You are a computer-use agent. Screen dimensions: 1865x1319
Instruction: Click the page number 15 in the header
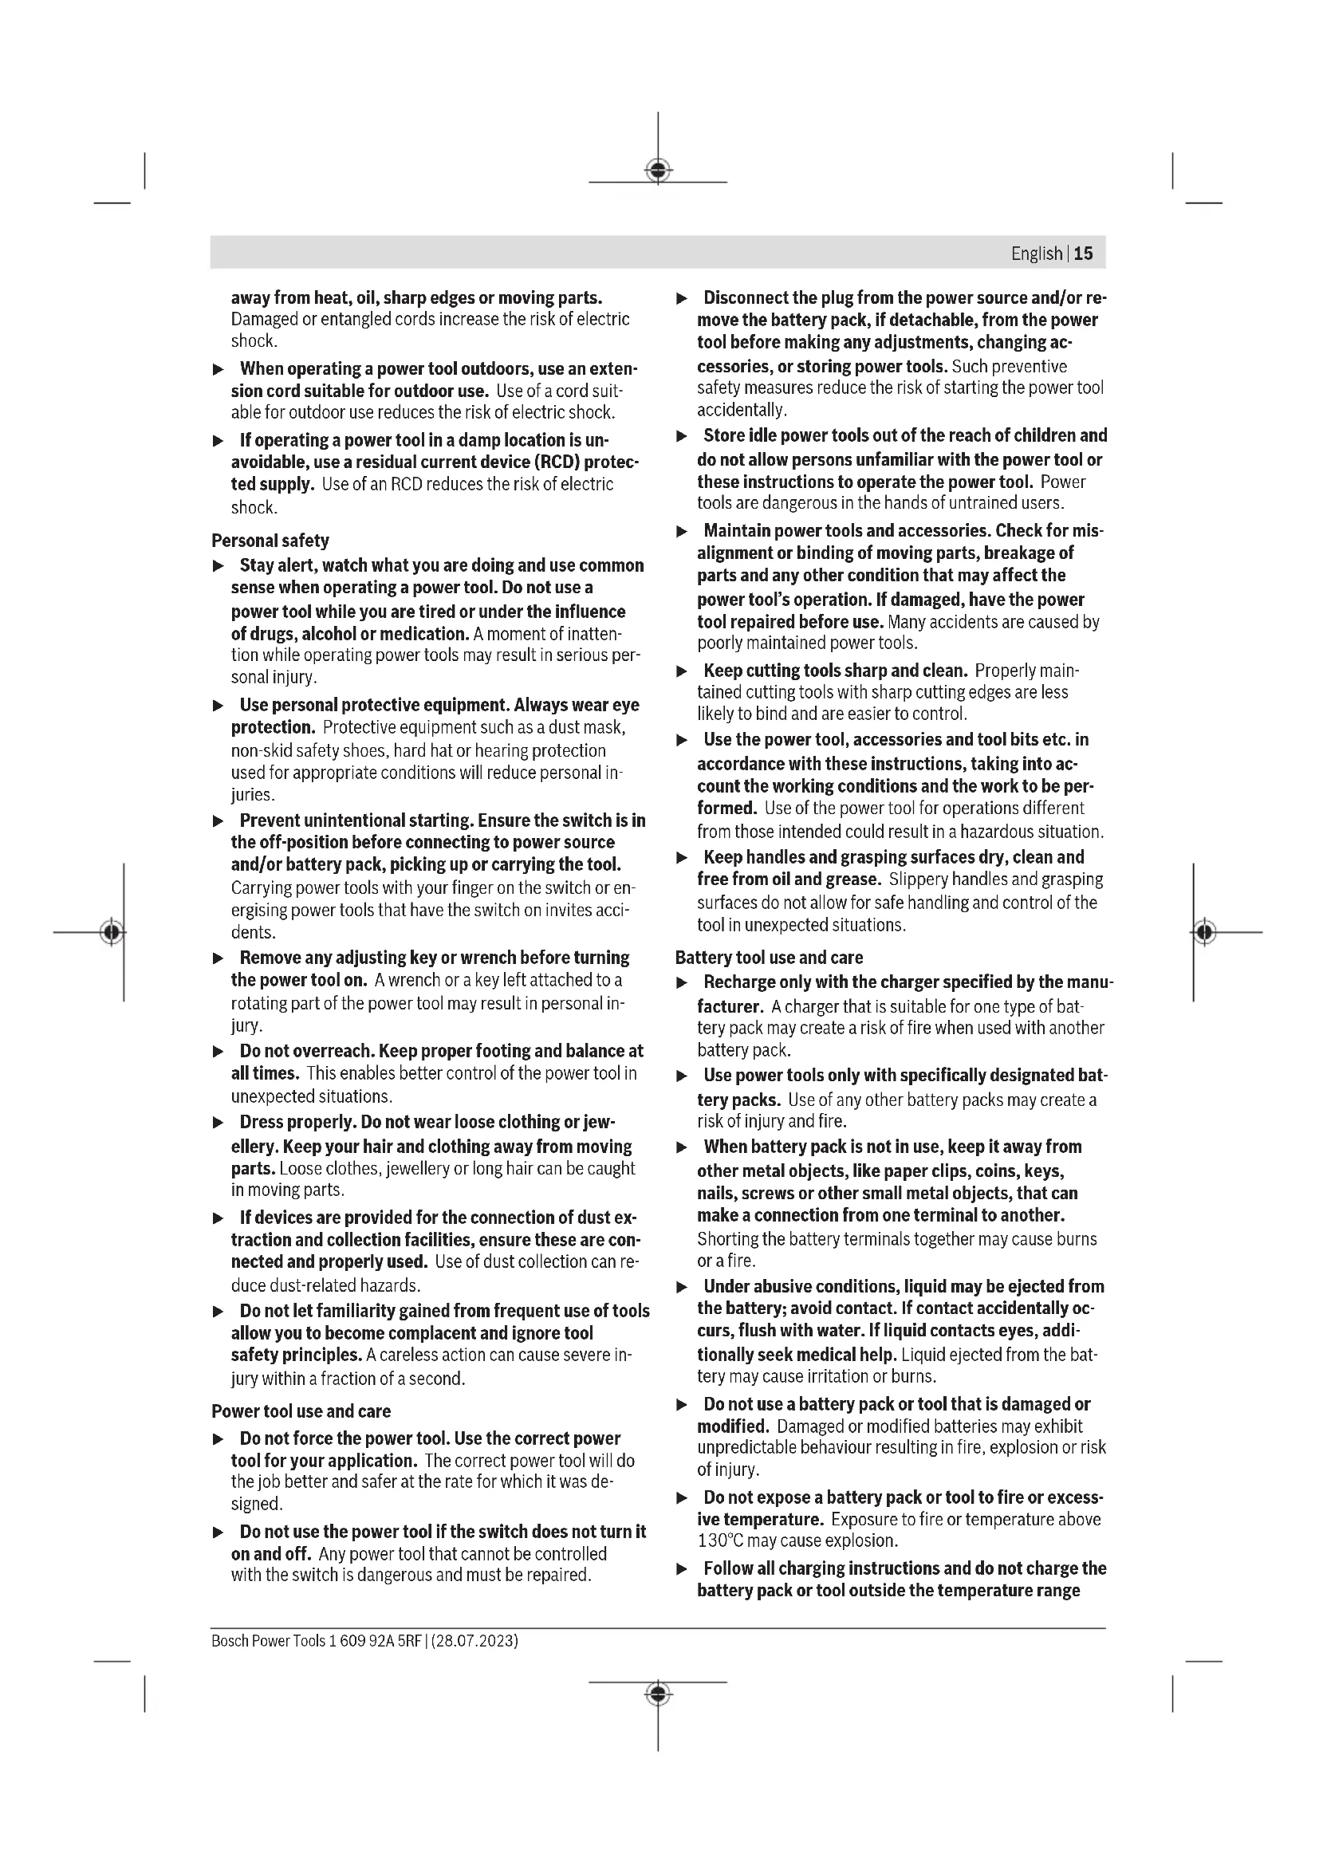1084,254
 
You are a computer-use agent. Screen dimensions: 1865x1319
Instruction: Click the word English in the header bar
1037,254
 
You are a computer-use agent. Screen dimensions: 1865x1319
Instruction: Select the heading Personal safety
270,540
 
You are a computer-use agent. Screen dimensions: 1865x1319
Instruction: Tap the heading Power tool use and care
301,1411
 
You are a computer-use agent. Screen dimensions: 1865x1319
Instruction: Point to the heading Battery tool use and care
769,958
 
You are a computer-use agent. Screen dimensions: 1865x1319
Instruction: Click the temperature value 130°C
723,1541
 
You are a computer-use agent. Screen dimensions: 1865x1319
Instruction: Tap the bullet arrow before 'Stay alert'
218,565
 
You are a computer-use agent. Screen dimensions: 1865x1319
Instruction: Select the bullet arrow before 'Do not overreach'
218,1052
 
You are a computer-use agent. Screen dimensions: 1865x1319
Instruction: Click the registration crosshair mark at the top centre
658,171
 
